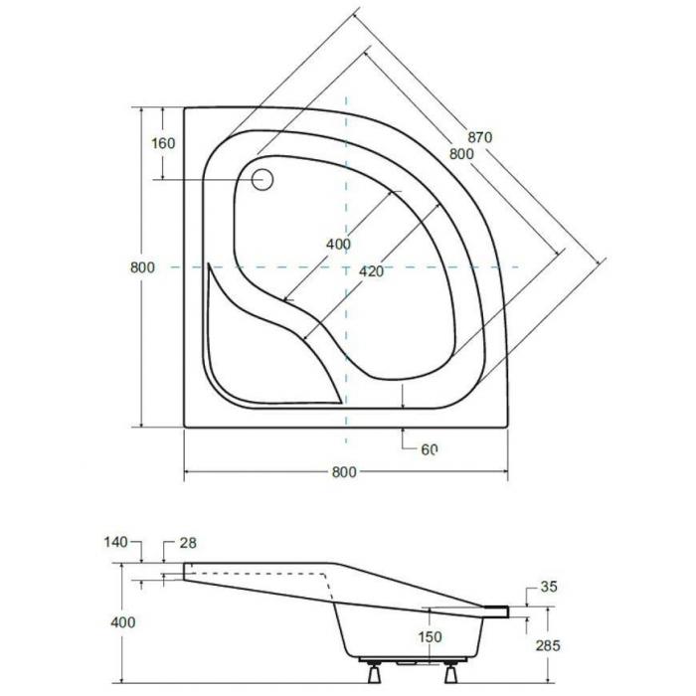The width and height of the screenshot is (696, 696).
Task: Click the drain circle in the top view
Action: (x=262, y=180)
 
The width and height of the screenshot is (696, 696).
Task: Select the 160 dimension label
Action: (x=163, y=143)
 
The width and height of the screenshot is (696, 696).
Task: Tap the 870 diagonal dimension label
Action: (x=480, y=137)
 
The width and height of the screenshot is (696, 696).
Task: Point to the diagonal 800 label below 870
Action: (x=461, y=153)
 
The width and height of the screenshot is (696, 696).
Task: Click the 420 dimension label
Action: (x=371, y=271)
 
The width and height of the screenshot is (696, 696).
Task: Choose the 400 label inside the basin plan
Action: (x=338, y=244)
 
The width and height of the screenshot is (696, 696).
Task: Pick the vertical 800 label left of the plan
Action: (x=142, y=267)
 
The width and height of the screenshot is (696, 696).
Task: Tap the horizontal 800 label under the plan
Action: (x=344, y=472)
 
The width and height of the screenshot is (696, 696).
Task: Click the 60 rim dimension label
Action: (x=430, y=449)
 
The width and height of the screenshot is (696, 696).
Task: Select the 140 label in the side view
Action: (x=115, y=542)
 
